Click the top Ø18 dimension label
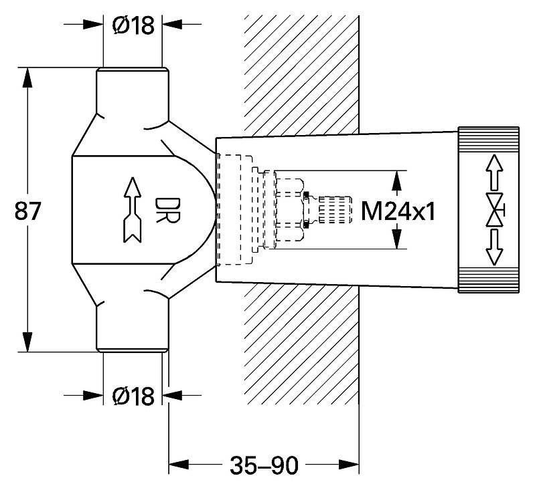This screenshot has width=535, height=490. pyautogui.click(x=133, y=25)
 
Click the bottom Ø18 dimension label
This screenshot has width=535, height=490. pyautogui.click(x=133, y=396)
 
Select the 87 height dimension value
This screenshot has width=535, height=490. pyautogui.click(x=28, y=211)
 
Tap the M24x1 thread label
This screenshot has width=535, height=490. pyautogui.click(x=398, y=211)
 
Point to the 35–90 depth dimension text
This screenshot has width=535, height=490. pyautogui.click(x=264, y=465)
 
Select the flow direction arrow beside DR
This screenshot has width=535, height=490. pyautogui.click(x=133, y=210)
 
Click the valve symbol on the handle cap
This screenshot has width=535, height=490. pyautogui.click(x=495, y=211)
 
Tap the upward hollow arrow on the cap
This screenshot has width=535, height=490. pyautogui.click(x=494, y=172)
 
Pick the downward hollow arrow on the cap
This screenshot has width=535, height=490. pyautogui.click(x=494, y=248)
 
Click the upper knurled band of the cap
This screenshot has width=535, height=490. pyautogui.click(x=488, y=139)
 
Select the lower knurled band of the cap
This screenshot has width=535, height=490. pyautogui.click(x=488, y=279)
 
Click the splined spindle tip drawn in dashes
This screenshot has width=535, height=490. pyautogui.click(x=335, y=210)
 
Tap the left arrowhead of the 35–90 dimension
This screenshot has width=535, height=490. pyautogui.click(x=179, y=464)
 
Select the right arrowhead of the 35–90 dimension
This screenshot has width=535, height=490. pyautogui.click(x=349, y=464)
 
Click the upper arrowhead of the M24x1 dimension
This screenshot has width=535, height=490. pyautogui.click(x=396, y=180)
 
